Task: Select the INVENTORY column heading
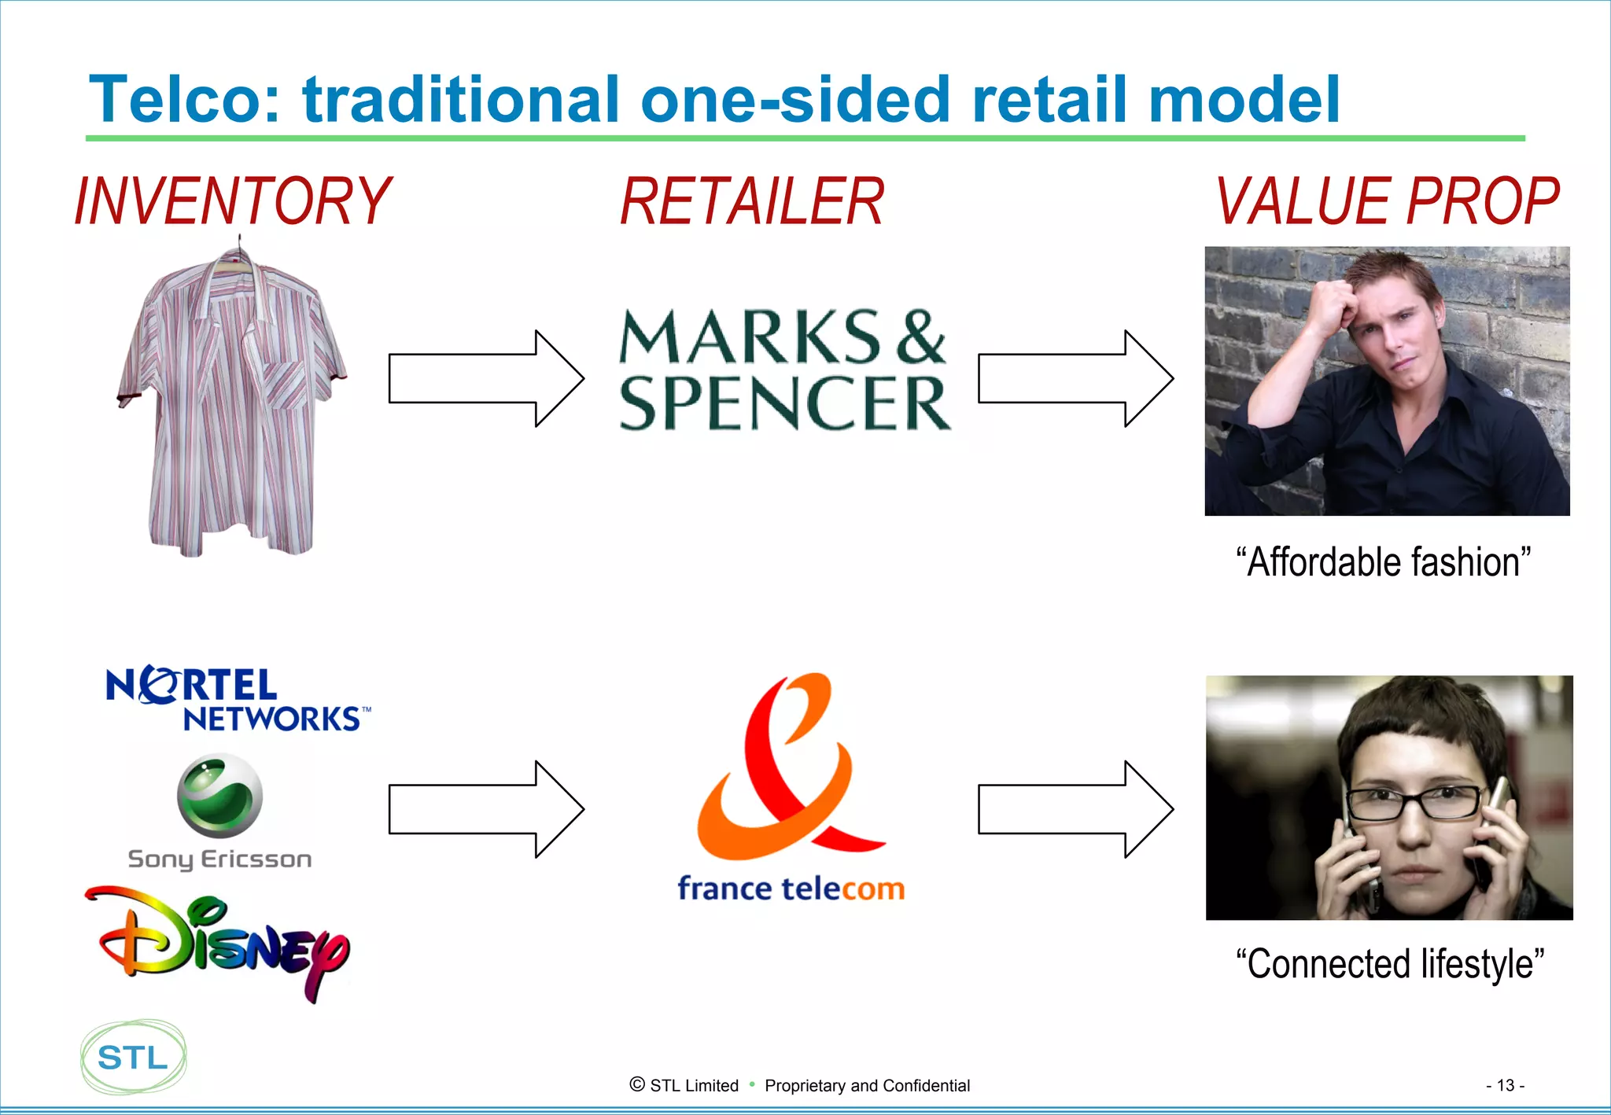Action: [x=233, y=202]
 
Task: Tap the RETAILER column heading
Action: [x=752, y=202]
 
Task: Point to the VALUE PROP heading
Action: [x=1388, y=202]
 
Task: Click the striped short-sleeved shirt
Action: [x=231, y=401]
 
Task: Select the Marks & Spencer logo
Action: [x=784, y=370]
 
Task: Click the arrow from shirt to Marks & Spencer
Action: [x=486, y=378]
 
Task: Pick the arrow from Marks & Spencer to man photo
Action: [x=1075, y=378]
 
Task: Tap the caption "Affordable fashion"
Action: [x=1384, y=562]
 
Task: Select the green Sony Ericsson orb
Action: [x=220, y=796]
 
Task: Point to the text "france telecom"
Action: [x=791, y=889]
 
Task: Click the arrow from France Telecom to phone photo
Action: [x=1075, y=808]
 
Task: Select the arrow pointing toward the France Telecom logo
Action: [x=486, y=808]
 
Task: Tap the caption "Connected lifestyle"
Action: [x=1389, y=964]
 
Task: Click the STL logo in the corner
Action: [x=134, y=1057]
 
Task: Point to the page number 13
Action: [x=1505, y=1085]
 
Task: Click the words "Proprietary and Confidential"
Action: [x=867, y=1086]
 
